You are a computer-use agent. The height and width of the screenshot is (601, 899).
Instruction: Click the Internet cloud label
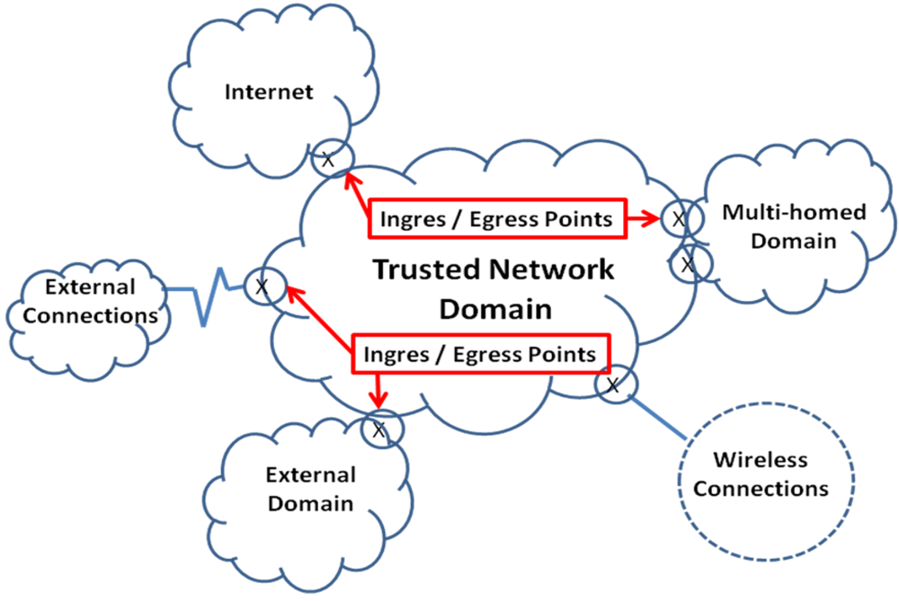(x=269, y=92)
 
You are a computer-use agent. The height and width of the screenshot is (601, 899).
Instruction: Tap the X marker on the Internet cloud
(x=328, y=160)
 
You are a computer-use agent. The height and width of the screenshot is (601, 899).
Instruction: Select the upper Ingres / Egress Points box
(x=496, y=218)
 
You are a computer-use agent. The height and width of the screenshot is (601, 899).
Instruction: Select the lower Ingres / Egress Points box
(x=480, y=354)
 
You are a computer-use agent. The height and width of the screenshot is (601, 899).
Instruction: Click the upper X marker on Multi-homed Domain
(x=678, y=217)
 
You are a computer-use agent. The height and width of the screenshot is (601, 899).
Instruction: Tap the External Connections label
(x=89, y=302)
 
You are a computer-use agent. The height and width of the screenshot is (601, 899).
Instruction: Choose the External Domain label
(x=310, y=488)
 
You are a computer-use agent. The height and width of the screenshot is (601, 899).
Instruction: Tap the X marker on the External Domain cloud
(x=378, y=429)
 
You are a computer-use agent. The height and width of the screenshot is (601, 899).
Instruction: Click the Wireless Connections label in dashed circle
(x=761, y=474)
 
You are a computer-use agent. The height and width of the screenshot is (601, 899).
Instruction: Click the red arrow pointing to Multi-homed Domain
(x=642, y=218)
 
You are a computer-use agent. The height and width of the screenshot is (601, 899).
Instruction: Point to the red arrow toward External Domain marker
(x=378, y=387)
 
